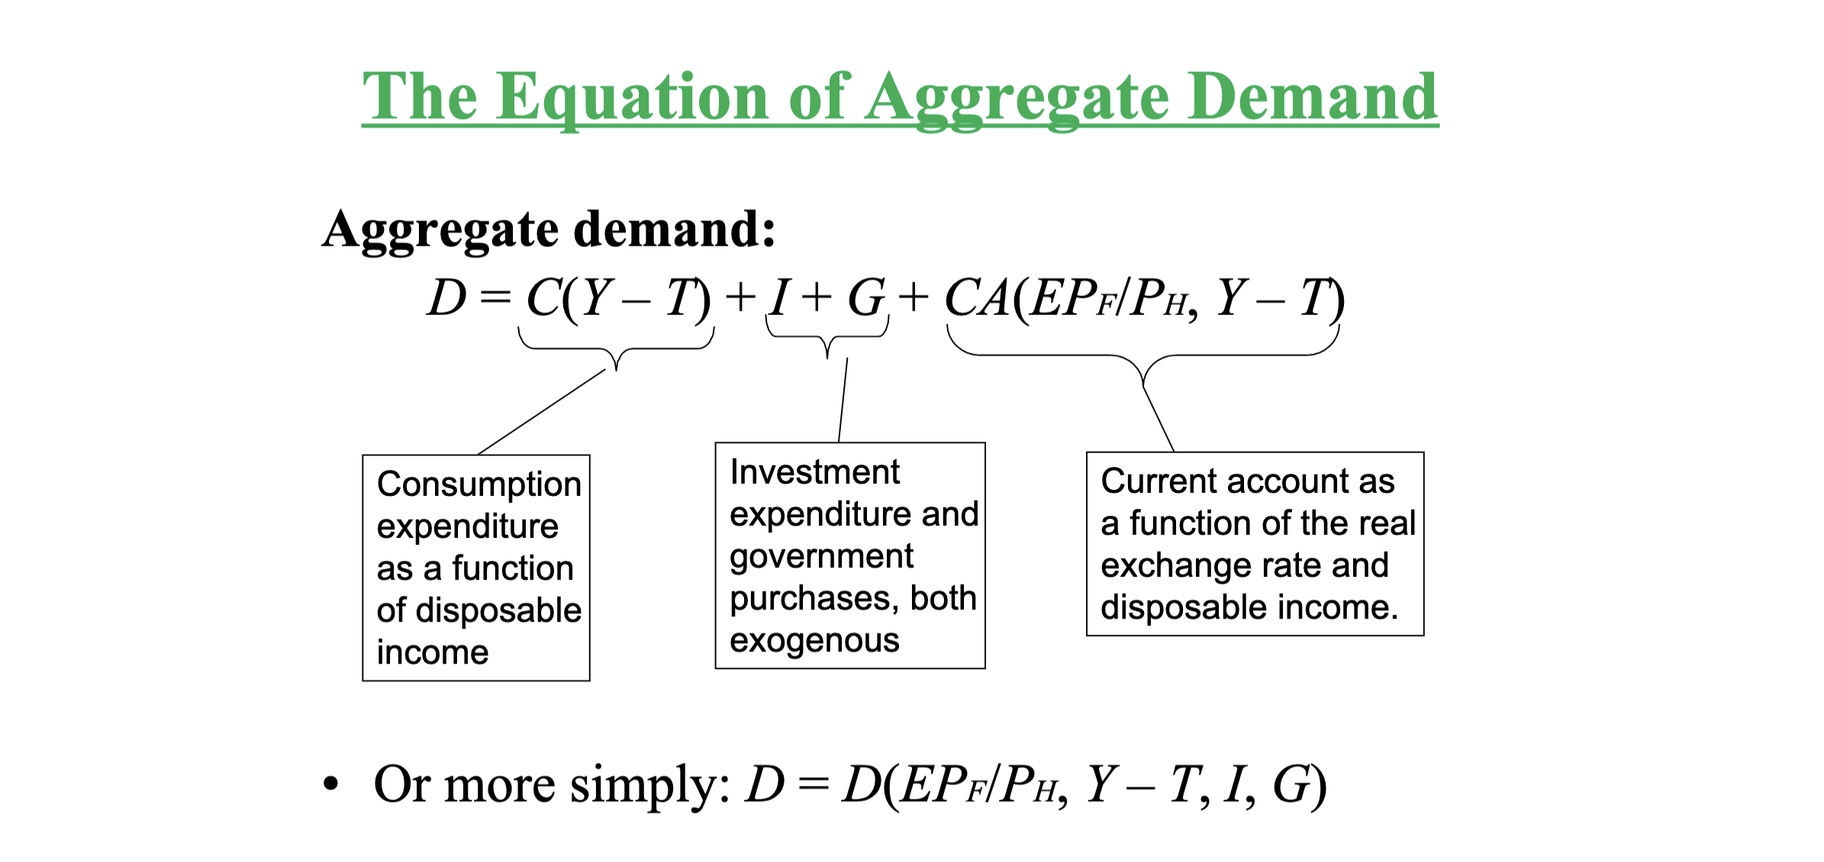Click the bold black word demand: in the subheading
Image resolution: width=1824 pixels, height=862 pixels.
[x=675, y=229]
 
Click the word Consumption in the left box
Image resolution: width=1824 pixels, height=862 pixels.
[x=479, y=484]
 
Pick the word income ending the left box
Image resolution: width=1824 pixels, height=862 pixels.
[x=432, y=653]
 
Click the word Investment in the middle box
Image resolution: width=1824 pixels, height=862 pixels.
[x=814, y=472]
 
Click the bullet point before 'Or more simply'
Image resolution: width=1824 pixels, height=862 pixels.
[x=330, y=783]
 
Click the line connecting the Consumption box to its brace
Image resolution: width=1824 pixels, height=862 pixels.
[x=542, y=412]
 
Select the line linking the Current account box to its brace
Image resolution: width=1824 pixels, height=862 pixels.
[x=1159, y=420]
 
